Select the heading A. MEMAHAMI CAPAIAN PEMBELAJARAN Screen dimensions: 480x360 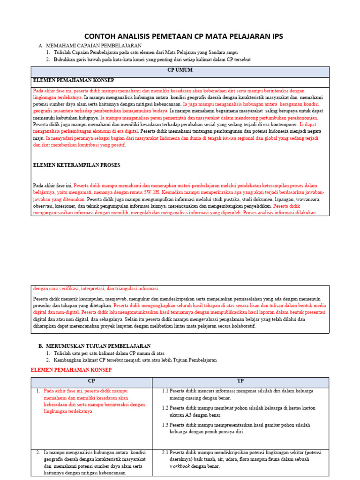tap(90, 45)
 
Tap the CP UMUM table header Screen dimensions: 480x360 tap(180, 70)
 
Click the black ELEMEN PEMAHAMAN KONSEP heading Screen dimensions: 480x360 tap(74, 81)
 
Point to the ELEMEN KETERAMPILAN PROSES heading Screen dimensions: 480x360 tap(76, 165)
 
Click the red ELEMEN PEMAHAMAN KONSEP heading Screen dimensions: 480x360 tap(71, 370)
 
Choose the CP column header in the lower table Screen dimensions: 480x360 tap(91, 381)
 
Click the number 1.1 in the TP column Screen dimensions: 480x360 tap(165, 390)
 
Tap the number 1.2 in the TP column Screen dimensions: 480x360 tap(165, 408)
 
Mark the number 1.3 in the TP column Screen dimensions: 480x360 tap(165, 425)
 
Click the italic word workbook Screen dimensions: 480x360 tap(179, 466)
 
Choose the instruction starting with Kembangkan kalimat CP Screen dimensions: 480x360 tap(135, 360)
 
